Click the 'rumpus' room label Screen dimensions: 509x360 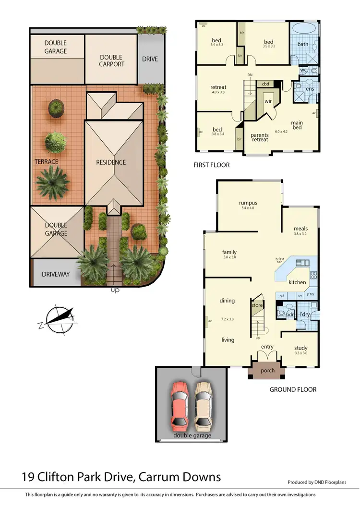tap(248, 203)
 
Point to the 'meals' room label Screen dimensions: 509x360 tap(300, 229)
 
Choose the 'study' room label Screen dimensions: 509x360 tap(300, 348)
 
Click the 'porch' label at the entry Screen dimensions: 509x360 tap(267, 371)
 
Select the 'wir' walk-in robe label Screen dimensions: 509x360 tap(268, 101)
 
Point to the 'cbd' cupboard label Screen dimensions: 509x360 tap(265, 84)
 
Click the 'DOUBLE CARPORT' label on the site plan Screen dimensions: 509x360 tap(111, 61)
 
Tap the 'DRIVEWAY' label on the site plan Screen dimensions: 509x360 tap(56, 274)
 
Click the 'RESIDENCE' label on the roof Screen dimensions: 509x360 tap(111, 162)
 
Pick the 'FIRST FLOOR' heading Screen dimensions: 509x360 tap(211, 165)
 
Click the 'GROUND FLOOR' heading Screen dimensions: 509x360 tap(293, 389)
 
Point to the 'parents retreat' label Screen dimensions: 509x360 tap(260, 138)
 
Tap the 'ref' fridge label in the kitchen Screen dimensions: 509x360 tap(282, 296)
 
